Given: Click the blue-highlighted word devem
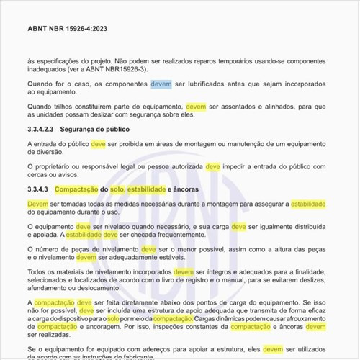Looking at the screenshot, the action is (x=161, y=84).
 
